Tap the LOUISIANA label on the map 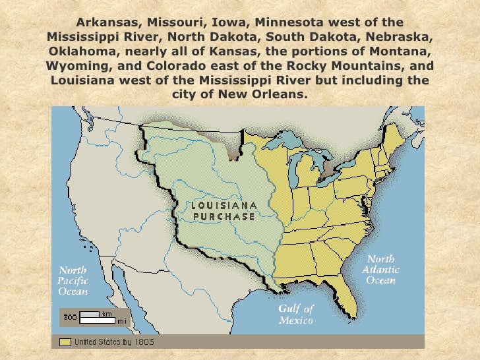point(224,205)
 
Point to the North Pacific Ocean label point(73,280)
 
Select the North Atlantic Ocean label point(380,270)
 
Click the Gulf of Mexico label point(295,314)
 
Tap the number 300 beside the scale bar point(70,317)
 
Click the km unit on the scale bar point(106,313)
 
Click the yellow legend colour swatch point(65,342)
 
